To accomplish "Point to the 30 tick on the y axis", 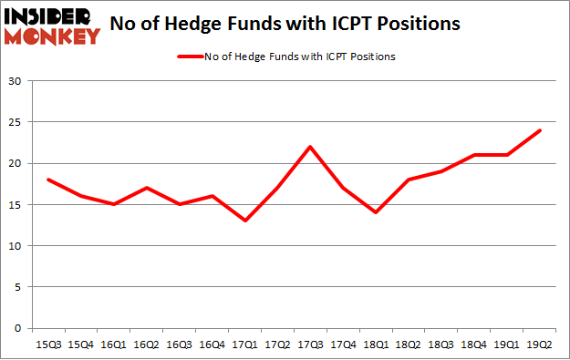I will [16, 81].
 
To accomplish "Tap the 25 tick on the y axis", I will [16, 122].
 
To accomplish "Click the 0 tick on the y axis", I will [20, 328].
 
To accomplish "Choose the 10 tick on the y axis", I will [16, 246].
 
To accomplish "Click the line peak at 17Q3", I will [310, 147].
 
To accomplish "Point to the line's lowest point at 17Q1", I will [244, 221].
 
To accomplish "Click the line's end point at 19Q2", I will [540, 130].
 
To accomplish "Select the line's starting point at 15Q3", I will [47, 180].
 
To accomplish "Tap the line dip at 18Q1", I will [376, 212].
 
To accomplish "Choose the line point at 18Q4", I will [474, 155].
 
